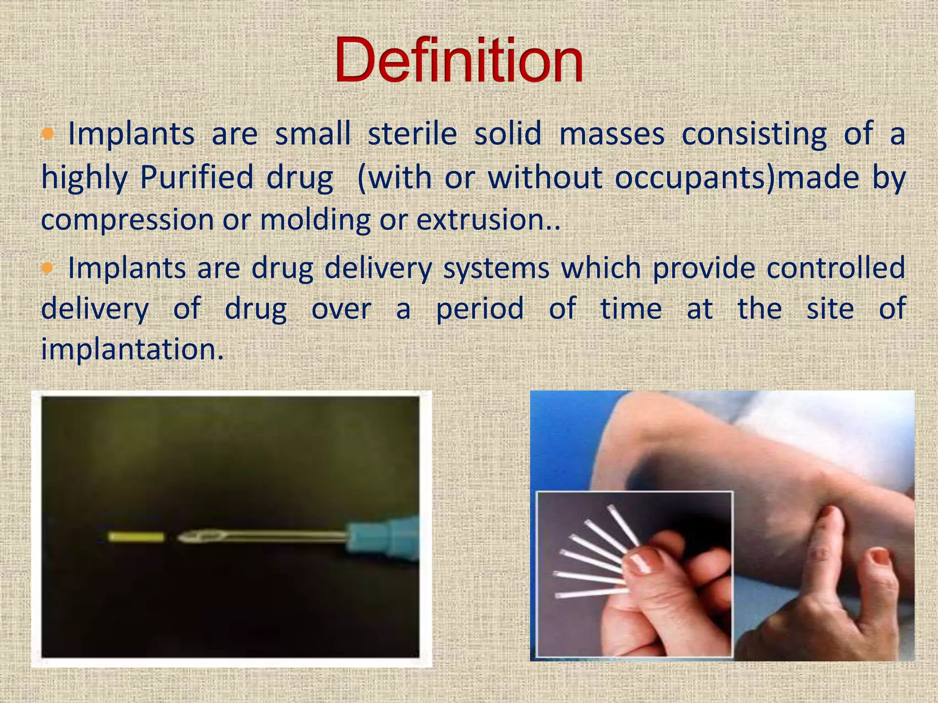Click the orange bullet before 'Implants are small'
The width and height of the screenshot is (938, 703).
pos(48,134)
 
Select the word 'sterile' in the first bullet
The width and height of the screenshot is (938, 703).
pos(412,134)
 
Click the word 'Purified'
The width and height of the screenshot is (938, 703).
pos(196,177)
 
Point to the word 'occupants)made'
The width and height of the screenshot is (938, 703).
pos(736,177)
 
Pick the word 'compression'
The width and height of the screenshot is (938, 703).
pos(127,220)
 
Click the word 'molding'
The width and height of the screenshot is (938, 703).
pos(315,220)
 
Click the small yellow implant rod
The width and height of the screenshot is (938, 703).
pos(136,537)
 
